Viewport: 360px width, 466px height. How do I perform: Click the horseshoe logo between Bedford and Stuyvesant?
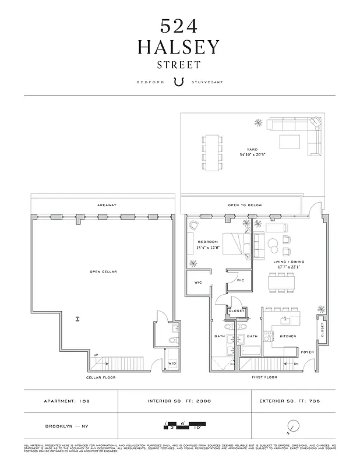tap(179, 82)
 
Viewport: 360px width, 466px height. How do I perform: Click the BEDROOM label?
tap(207, 242)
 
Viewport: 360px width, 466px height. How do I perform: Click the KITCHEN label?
tap(287, 337)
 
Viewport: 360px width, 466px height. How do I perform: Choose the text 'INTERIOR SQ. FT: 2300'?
tap(179, 401)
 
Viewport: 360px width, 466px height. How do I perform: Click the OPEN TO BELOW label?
tap(245, 205)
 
